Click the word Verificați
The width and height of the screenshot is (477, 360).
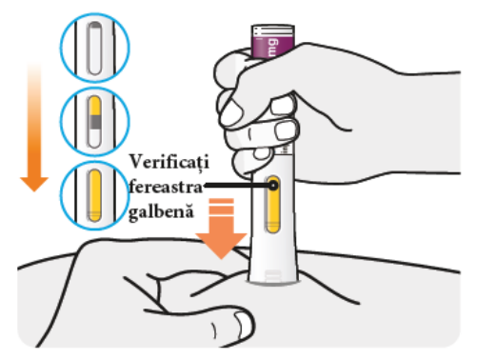point(169,163)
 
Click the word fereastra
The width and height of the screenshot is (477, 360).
point(166,187)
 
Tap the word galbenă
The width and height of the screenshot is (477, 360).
point(161,211)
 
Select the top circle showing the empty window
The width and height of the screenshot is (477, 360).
point(95,48)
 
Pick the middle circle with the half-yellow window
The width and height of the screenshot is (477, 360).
point(95,122)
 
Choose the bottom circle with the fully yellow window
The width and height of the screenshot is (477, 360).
point(95,195)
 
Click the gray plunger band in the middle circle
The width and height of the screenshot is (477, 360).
point(94,122)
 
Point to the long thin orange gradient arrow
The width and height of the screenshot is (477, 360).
point(34,127)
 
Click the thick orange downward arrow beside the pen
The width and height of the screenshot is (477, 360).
point(221,228)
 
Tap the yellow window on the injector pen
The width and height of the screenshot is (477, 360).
point(272,205)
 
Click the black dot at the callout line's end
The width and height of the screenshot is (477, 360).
point(273,186)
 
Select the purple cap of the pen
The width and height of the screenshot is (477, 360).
point(273,41)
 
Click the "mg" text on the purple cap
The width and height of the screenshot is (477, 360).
point(272,48)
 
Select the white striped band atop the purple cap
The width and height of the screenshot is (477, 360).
point(273,30)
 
